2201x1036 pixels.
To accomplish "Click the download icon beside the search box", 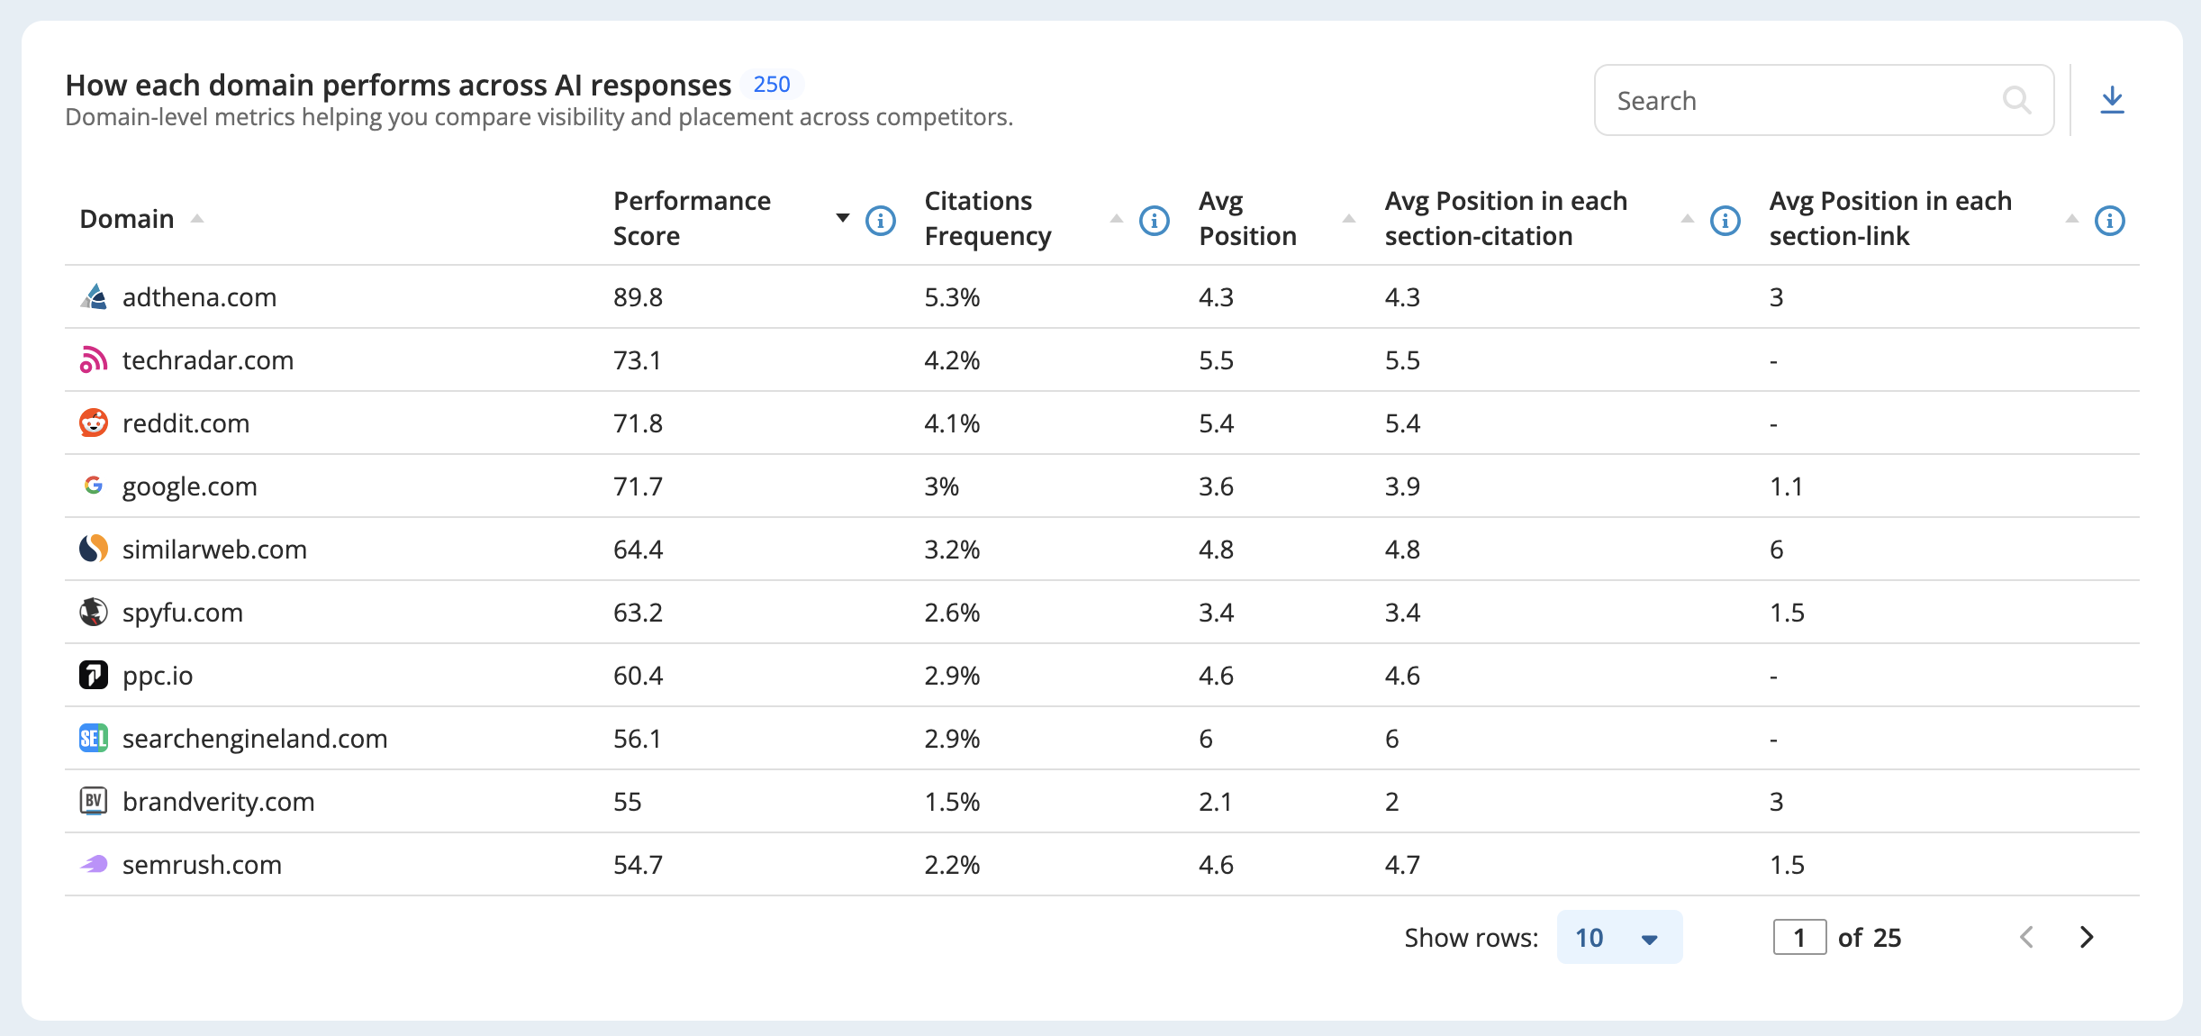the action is click(x=2112, y=100).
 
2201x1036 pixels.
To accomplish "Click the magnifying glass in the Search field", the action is click(x=2016, y=100).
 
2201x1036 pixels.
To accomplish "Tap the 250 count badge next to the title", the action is click(x=772, y=85).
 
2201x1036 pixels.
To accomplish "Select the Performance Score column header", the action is click(x=692, y=218).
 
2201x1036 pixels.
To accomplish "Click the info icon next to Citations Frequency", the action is click(x=1155, y=220).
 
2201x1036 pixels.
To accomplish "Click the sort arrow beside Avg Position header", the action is click(x=1349, y=219).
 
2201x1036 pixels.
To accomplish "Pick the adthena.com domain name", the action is click(x=199, y=297).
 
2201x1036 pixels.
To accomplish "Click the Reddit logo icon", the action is click(x=94, y=423).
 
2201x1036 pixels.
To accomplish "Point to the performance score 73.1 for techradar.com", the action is click(x=638, y=360).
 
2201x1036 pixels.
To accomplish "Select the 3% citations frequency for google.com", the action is click(x=941, y=486).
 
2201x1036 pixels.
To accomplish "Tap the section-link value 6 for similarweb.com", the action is click(x=1776, y=550).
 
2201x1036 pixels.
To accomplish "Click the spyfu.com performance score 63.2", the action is click(x=638, y=613).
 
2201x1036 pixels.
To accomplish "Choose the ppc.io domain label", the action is click(x=158, y=676).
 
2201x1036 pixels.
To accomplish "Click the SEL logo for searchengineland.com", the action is click(x=94, y=739).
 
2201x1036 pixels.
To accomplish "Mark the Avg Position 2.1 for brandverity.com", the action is click(x=1215, y=802).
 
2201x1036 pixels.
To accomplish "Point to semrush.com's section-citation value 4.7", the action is click(x=1402, y=865).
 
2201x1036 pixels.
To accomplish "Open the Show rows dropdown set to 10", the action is click(x=1619, y=937).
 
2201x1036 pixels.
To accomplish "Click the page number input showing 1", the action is click(x=1799, y=937).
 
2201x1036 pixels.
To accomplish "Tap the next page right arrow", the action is click(x=2087, y=937).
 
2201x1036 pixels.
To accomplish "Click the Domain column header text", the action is click(x=127, y=219).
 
